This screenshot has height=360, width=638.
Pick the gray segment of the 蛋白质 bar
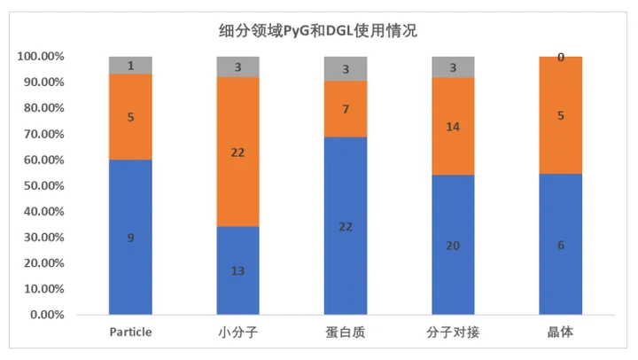[346, 68]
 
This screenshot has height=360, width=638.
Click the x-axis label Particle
[131, 333]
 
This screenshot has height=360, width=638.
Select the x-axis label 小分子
[238, 333]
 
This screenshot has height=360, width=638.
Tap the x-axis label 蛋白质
[346, 333]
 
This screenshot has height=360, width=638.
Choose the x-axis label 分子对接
[453, 333]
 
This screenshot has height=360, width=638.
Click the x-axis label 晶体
[561, 333]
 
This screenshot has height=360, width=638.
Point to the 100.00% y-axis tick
[40, 57]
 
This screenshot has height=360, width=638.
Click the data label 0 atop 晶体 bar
[561, 58]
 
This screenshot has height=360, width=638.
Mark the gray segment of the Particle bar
[131, 65]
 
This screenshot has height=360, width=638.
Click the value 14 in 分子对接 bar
[453, 127]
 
